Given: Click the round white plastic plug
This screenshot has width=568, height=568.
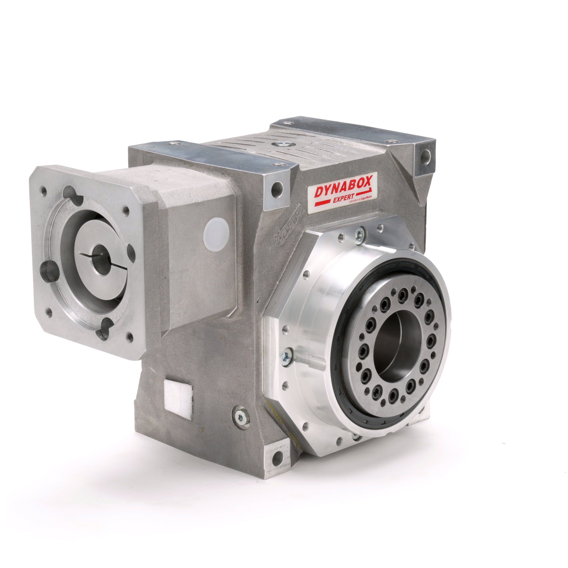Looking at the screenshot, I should [x=216, y=234].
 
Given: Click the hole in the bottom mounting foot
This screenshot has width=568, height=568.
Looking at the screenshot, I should [x=277, y=458].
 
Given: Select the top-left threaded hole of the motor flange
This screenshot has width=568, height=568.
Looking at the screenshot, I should [x=44, y=191].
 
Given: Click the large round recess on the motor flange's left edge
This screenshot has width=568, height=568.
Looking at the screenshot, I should [x=49, y=271].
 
